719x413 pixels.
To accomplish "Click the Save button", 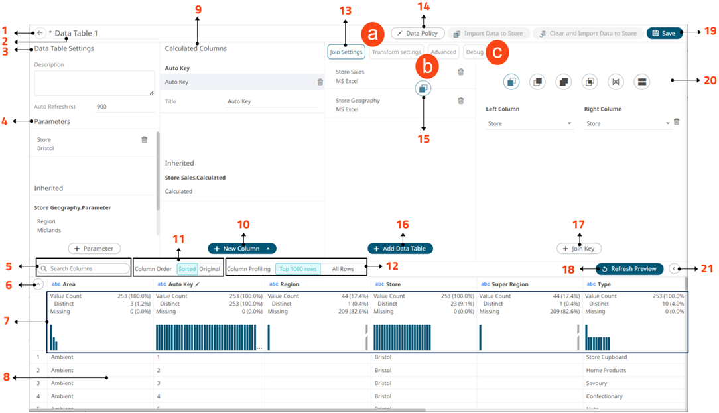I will pos(664,33).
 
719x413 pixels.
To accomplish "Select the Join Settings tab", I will pos(346,52).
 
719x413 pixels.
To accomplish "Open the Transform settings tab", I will pos(397,52).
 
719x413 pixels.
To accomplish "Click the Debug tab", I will pos(474,52).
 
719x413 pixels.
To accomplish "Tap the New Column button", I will pos(242,248).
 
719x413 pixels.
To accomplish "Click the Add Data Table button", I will pos(401,248).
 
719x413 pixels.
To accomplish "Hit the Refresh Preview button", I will pos(629,268).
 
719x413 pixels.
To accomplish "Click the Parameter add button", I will pos(94,248).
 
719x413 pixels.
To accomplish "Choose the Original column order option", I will pos(210,269).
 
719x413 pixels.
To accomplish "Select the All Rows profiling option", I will pos(343,269).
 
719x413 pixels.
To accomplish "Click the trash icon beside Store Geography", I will pos(461,101).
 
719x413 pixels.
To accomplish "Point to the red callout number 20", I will pos(709,80).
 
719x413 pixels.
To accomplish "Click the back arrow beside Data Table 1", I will pos(40,33).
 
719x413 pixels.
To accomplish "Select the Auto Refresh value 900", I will pos(101,106).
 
